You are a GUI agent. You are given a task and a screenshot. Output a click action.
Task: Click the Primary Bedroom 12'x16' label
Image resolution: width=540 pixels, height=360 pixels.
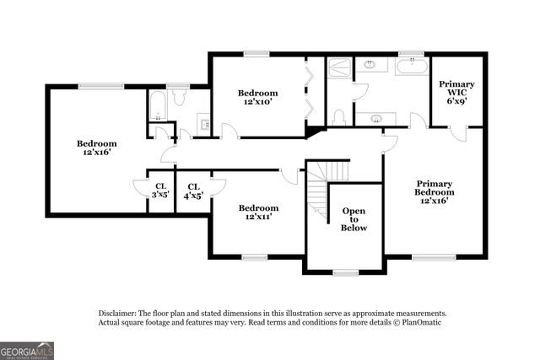(435, 192)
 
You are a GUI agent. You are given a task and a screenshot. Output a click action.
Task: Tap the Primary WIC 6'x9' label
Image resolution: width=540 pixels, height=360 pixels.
(456, 92)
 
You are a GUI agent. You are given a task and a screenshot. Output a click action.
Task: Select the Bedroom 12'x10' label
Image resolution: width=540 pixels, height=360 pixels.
(257, 97)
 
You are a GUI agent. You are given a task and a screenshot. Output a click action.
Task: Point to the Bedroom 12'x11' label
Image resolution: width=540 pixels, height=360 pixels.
(257, 212)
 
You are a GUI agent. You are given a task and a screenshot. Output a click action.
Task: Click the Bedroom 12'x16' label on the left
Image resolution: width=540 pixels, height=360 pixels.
(97, 148)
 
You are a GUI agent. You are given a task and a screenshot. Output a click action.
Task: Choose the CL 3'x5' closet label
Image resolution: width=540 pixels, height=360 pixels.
(160, 191)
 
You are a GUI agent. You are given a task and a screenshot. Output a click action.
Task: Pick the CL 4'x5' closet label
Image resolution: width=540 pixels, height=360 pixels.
(193, 191)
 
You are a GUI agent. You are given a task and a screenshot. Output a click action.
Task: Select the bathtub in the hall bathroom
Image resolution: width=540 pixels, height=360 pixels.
(158, 105)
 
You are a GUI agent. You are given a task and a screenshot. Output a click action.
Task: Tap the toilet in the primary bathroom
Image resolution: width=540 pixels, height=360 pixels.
(339, 116)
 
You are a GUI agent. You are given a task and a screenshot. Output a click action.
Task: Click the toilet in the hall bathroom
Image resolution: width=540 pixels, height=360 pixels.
(178, 99)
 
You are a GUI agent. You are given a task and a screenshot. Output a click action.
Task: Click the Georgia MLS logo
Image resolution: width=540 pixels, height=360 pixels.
(27, 349)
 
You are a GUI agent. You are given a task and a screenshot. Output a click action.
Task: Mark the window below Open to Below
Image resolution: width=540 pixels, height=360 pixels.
(345, 272)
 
